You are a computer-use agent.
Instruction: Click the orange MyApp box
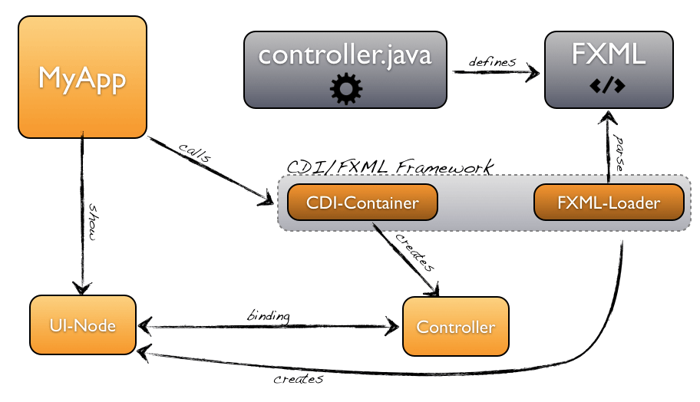(82, 78)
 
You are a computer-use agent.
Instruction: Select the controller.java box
(346, 69)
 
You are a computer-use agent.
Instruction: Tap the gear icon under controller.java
(345, 91)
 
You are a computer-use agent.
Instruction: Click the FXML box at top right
(605, 69)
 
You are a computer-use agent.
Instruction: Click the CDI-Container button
(362, 203)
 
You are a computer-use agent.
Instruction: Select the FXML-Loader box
(609, 203)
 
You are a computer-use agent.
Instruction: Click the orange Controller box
(456, 327)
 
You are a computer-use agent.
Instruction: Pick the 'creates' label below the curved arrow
(299, 379)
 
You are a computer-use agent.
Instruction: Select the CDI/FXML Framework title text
(389, 166)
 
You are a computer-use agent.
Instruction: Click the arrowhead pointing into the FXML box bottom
(608, 117)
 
